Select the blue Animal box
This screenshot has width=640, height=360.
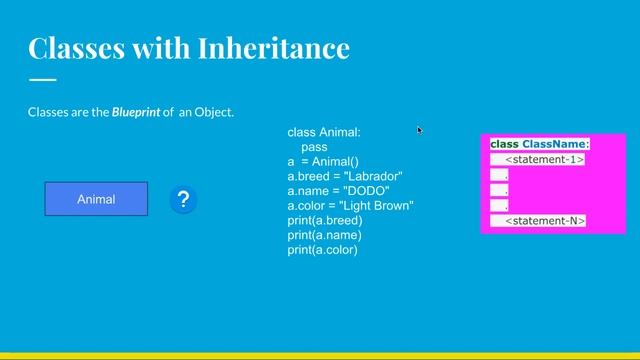(96, 199)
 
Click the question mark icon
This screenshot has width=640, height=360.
(183, 200)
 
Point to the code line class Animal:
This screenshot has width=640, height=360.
(324, 132)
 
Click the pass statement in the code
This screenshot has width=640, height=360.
(314, 147)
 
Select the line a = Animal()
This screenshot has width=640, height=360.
(323, 162)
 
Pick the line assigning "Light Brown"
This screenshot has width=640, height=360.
(350, 206)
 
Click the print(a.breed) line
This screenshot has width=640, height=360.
(325, 220)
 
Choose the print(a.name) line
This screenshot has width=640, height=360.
(324, 235)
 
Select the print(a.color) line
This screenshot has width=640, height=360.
(322, 250)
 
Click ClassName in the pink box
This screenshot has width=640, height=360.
(555, 144)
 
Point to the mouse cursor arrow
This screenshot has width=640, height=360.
(419, 129)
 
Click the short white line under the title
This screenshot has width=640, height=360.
(42, 79)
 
